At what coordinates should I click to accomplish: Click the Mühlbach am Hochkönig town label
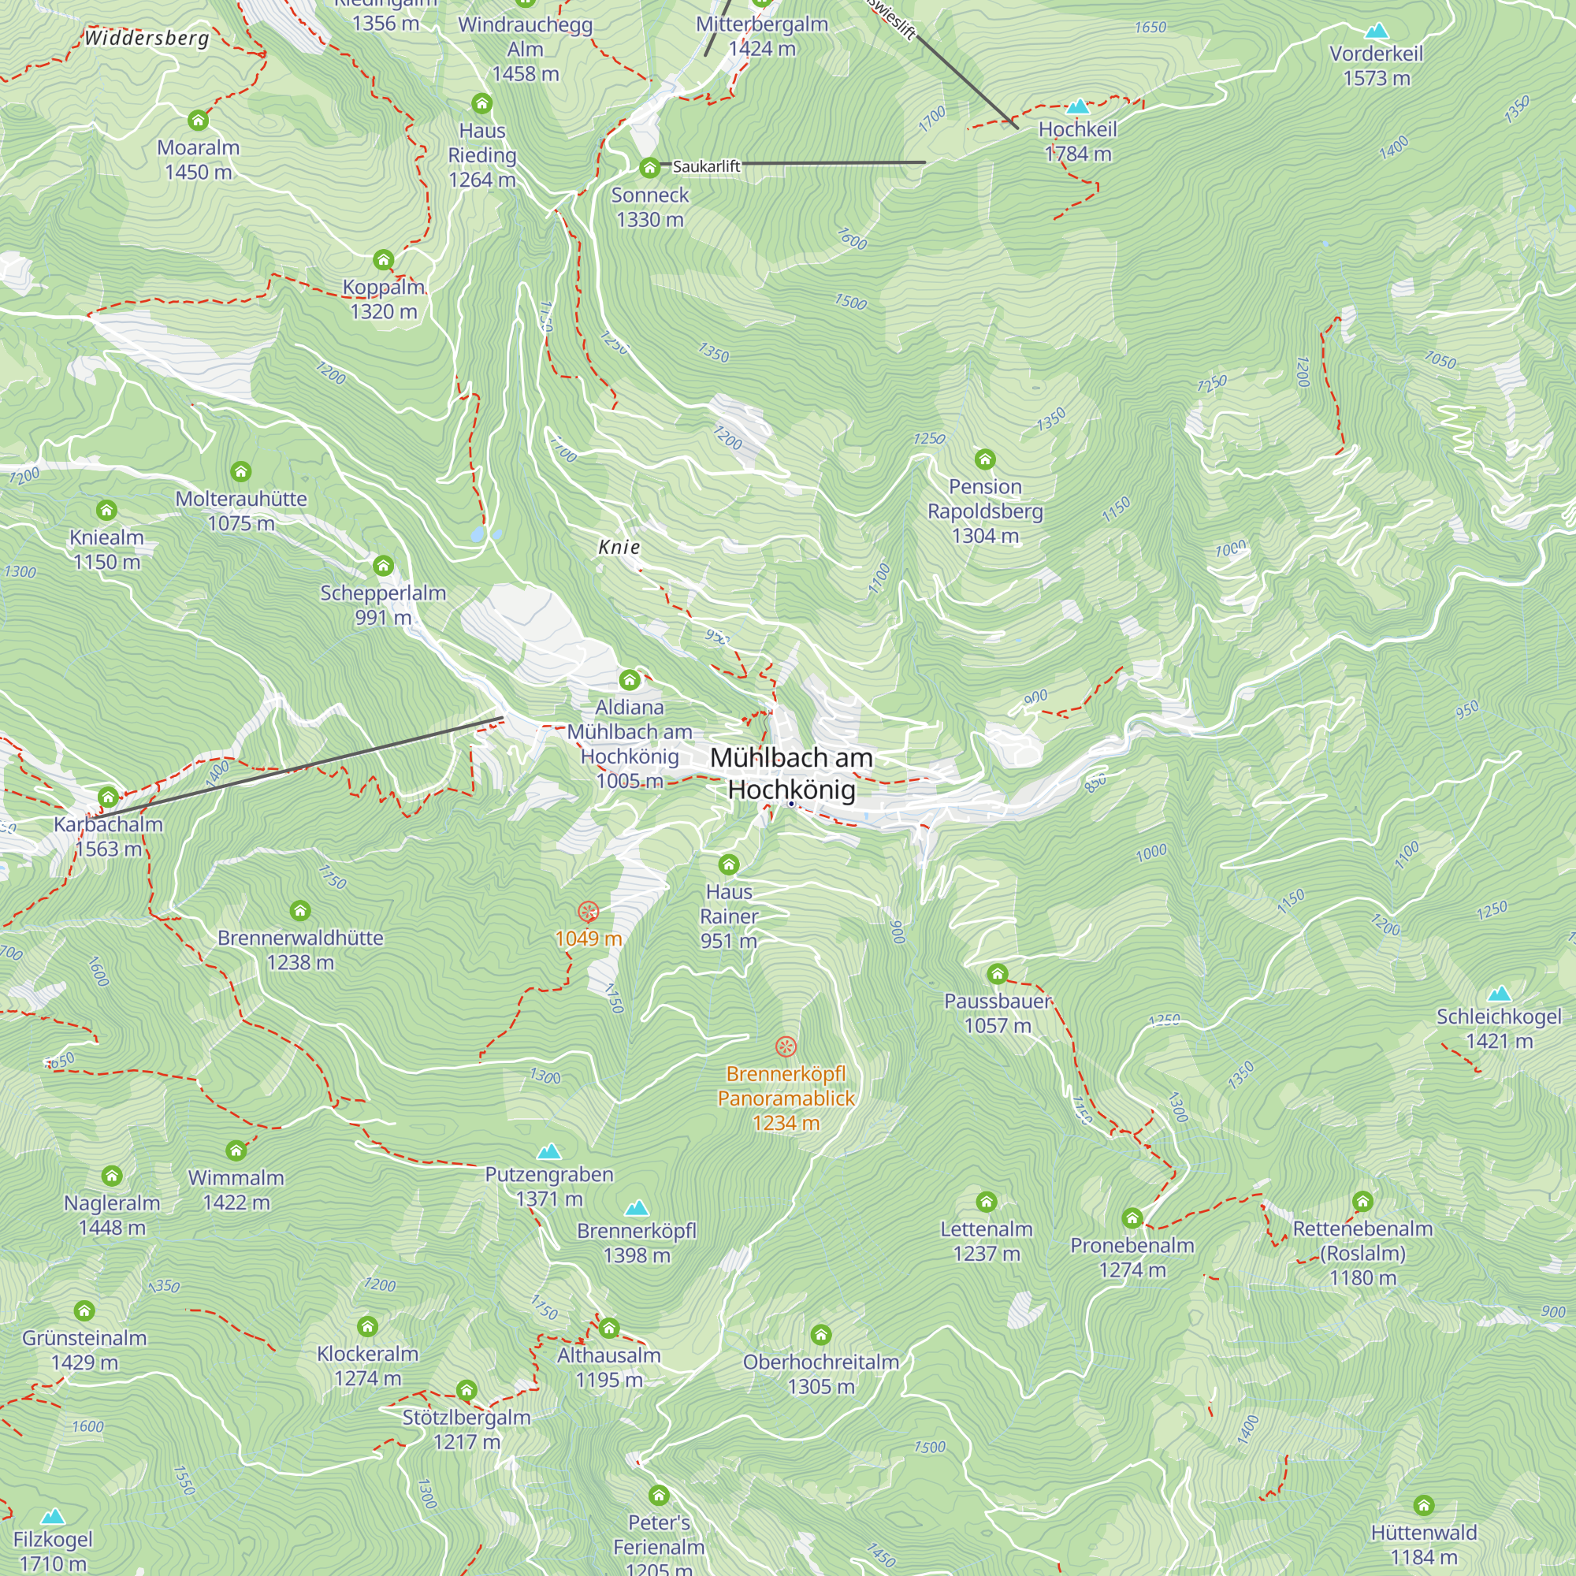tap(790, 773)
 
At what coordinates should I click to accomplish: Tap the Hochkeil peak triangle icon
tap(1077, 107)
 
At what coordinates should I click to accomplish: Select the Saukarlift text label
tap(706, 166)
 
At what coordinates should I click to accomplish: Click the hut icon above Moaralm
tap(199, 121)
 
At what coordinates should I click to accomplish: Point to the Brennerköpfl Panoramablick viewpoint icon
tap(786, 1046)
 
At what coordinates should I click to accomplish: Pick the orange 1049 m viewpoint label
tap(588, 939)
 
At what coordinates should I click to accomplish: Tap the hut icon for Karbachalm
tap(109, 797)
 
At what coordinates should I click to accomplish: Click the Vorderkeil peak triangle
tap(1376, 32)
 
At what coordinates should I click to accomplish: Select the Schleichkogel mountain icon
tap(1500, 994)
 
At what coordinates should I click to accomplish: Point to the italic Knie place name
tap(619, 548)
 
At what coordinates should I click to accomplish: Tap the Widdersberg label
tap(147, 39)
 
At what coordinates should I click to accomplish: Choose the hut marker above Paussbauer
tap(997, 974)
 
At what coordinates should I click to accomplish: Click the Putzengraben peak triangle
tap(549, 1152)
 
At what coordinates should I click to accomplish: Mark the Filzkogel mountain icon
tap(53, 1516)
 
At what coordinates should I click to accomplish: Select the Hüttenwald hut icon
tap(1423, 1506)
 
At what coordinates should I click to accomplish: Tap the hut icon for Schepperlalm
tap(383, 566)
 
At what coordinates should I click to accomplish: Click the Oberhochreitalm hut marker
tap(820, 1336)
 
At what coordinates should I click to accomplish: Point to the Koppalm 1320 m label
tap(384, 299)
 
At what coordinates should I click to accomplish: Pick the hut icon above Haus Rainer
tap(728, 864)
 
